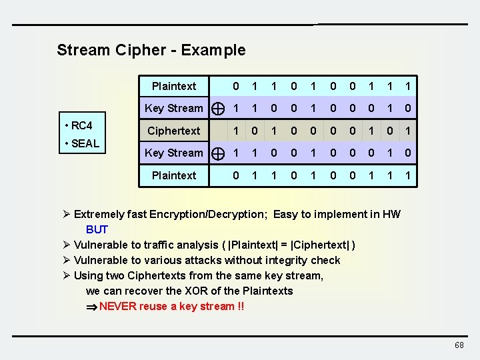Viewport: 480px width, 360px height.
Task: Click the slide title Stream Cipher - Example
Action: tap(151, 50)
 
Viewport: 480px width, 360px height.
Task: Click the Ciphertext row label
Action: tap(173, 131)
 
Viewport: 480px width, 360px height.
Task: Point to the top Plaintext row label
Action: tap(173, 86)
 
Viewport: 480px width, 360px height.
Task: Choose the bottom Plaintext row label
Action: tap(173, 175)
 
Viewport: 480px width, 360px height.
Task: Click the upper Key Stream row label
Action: tap(173, 108)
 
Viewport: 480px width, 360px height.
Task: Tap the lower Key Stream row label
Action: tap(173, 153)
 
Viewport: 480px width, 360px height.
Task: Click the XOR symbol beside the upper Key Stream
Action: tap(217, 109)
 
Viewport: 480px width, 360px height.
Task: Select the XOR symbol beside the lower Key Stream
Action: tap(217, 153)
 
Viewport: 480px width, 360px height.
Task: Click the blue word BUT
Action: tap(97, 229)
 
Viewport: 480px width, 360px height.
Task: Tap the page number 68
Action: tap(459, 345)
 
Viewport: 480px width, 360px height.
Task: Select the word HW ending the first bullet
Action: tap(391, 214)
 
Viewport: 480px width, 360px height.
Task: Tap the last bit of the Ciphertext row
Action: tap(409, 131)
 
